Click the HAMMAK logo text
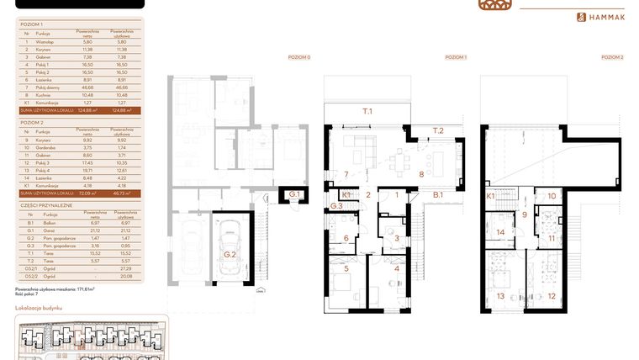click(611, 17)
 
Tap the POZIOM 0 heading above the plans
click(298, 57)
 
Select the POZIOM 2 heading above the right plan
click(612, 57)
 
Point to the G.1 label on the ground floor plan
click(294, 194)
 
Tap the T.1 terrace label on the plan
click(367, 110)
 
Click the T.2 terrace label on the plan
click(437, 131)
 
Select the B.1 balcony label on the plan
click(438, 194)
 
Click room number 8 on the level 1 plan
click(420, 175)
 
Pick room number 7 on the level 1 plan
click(346, 175)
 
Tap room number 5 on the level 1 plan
click(346, 269)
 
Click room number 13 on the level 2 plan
click(502, 295)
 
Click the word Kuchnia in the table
click(44, 94)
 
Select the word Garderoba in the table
click(47, 146)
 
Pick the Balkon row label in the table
click(43, 222)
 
